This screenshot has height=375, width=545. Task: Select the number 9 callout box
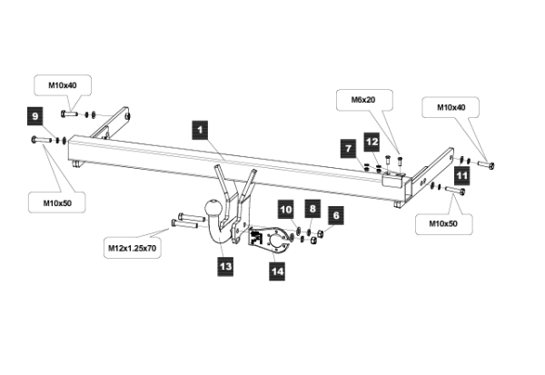pyautogui.click(x=35, y=116)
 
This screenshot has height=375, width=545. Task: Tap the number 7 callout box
pyautogui.click(x=348, y=146)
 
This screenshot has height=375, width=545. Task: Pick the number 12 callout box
pyautogui.click(x=372, y=142)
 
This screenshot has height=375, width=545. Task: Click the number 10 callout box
pyautogui.click(x=285, y=211)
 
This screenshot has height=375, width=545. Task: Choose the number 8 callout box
pyautogui.click(x=311, y=210)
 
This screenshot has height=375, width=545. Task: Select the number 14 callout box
pyautogui.click(x=275, y=269)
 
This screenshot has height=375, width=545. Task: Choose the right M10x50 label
pyautogui.click(x=437, y=221)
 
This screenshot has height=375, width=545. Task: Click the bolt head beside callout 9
pyautogui.click(x=35, y=140)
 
